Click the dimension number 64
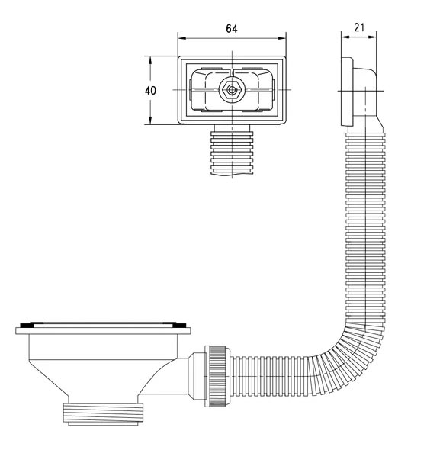click(232, 29)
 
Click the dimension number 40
click(150, 91)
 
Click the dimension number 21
click(359, 27)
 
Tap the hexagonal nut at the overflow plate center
click(231, 90)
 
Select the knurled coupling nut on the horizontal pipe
click(217, 376)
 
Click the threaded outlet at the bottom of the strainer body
click(103, 414)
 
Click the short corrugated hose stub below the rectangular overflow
click(232, 153)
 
